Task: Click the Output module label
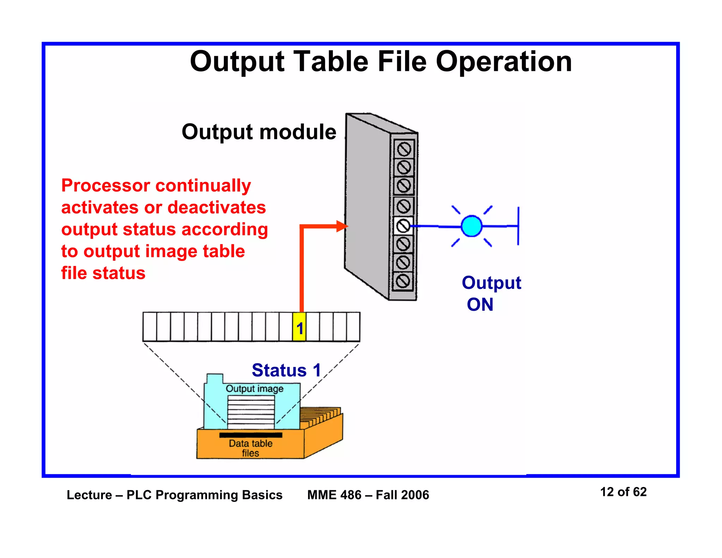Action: tap(259, 132)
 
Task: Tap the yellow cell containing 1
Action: tap(299, 327)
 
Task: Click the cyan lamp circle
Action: tap(471, 226)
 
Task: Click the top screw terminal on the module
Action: tap(404, 149)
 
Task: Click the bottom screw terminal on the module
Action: tap(403, 281)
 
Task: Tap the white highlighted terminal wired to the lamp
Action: tap(403, 226)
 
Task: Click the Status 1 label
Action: tap(286, 370)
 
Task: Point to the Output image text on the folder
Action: tap(255, 389)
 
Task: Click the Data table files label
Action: tap(251, 448)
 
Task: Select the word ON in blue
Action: tap(480, 304)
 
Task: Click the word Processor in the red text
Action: tap(106, 186)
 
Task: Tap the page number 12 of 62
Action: tap(623, 492)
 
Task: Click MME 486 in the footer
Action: tap(334, 495)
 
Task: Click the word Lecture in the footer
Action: tap(90, 495)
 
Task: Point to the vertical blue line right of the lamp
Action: tap(518, 226)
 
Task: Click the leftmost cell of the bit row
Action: tap(150, 327)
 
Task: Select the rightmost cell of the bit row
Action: tap(353, 327)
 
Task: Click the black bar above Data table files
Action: tap(251, 435)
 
